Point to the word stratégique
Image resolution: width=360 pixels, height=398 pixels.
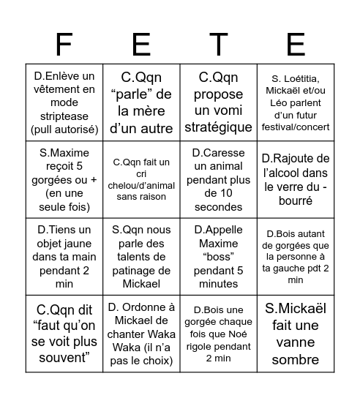click(218, 127)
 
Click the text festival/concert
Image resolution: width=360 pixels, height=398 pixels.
click(296, 127)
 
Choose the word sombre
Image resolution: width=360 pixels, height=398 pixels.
click(296, 359)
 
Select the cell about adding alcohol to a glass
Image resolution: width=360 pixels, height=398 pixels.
click(296, 179)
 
